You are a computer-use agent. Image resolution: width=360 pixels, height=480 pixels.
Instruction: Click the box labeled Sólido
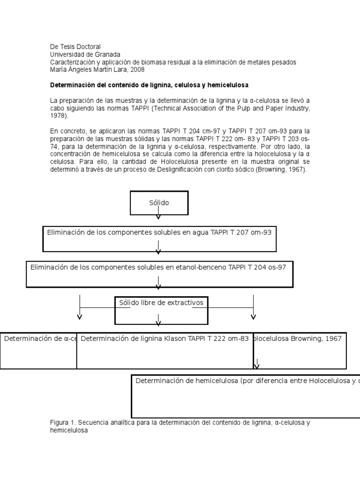[159, 203]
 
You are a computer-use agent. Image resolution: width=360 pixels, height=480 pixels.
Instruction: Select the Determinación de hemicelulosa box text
[187, 381]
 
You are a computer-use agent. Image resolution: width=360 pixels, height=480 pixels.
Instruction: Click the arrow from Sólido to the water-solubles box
[158, 214]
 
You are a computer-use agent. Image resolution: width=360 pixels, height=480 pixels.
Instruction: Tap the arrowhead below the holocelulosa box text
[257, 365]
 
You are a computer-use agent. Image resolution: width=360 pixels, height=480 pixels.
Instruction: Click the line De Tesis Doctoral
[75, 46]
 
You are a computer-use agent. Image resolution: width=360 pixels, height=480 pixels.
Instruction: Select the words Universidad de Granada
[85, 54]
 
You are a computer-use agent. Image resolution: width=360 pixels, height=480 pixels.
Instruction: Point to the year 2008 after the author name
[138, 69]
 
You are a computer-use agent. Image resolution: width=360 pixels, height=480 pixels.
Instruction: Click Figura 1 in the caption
[63, 422]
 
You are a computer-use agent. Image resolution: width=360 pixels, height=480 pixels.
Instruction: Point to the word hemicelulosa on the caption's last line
[69, 430]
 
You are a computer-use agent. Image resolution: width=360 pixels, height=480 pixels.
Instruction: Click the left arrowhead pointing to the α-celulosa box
[80, 317]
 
